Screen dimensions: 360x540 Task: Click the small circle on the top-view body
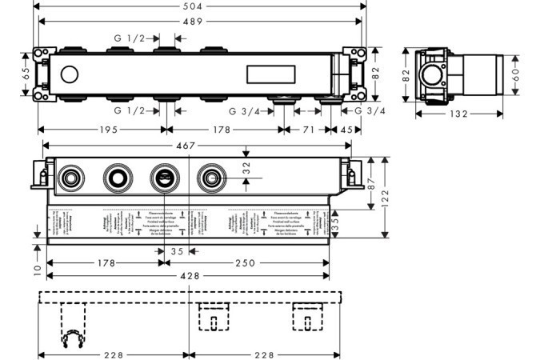coord(69,75)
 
